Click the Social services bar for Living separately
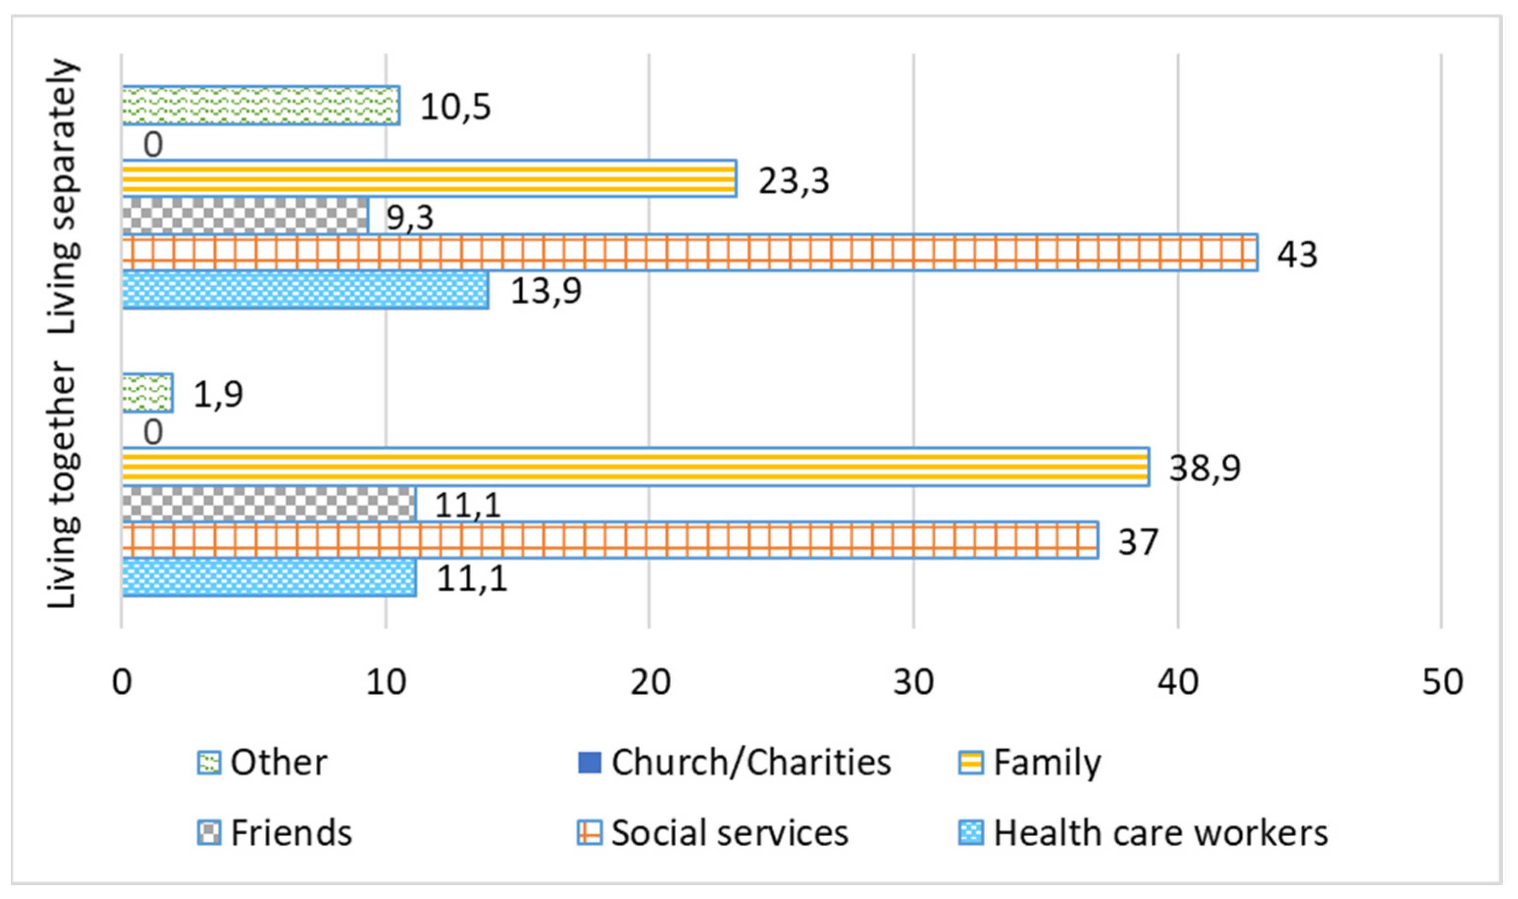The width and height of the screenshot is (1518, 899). [x=690, y=252]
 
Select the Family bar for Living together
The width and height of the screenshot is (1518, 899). [x=635, y=467]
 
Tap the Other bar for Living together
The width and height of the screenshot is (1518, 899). [x=148, y=393]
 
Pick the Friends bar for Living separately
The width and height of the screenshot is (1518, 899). [x=245, y=215]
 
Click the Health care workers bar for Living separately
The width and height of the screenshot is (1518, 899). [x=305, y=290]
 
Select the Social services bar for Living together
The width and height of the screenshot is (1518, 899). [x=610, y=540]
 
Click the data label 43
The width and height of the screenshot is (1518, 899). [x=1297, y=254]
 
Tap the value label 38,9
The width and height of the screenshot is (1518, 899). [x=1204, y=468]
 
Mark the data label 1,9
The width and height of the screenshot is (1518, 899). [x=218, y=395]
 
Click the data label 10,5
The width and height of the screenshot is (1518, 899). [x=455, y=107]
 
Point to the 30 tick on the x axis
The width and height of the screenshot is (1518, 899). [x=913, y=682]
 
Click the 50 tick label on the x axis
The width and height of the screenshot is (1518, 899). [x=1442, y=682]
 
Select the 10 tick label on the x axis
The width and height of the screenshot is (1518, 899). [x=386, y=682]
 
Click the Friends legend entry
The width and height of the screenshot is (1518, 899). [x=275, y=833]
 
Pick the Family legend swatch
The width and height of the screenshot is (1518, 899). [x=971, y=763]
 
